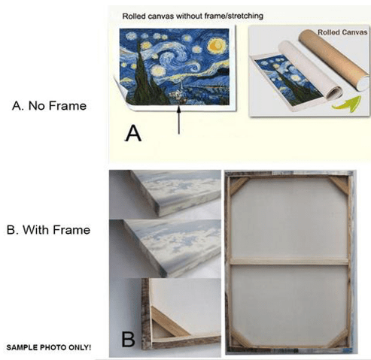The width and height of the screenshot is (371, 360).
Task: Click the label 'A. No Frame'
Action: (x=49, y=106)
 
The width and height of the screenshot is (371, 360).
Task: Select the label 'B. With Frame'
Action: (x=48, y=230)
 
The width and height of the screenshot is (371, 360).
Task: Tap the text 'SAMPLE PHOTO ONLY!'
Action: (x=49, y=347)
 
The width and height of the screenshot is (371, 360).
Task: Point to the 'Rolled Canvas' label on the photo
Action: (x=342, y=32)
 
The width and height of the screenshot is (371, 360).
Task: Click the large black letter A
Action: (x=133, y=134)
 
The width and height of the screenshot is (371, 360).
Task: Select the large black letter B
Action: (x=128, y=339)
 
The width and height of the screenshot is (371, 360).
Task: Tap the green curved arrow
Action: (x=348, y=104)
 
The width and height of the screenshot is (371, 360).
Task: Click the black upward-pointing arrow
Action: (x=179, y=120)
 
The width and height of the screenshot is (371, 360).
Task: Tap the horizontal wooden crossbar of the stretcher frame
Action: (x=289, y=261)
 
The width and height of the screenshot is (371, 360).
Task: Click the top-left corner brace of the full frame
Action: (x=239, y=186)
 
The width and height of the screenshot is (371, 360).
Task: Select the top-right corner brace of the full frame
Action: (x=339, y=186)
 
